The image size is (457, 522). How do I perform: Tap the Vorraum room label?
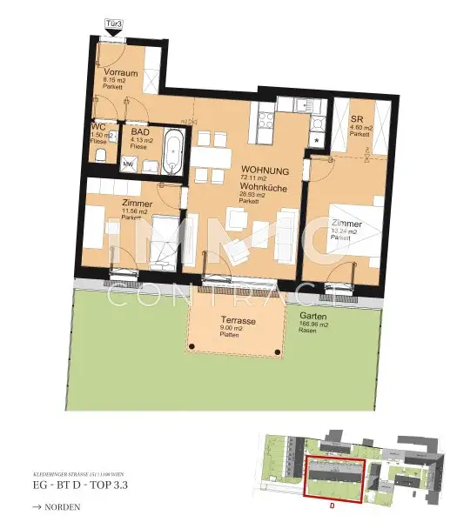pyautogui.click(x=117, y=70)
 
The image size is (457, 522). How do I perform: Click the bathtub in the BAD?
pyautogui.click(x=174, y=151)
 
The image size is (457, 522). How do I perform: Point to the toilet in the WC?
pyautogui.click(x=100, y=157)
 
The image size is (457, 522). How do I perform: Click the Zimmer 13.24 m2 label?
pyautogui.click(x=347, y=224)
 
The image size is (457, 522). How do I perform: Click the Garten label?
pyautogui.click(x=313, y=316)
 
